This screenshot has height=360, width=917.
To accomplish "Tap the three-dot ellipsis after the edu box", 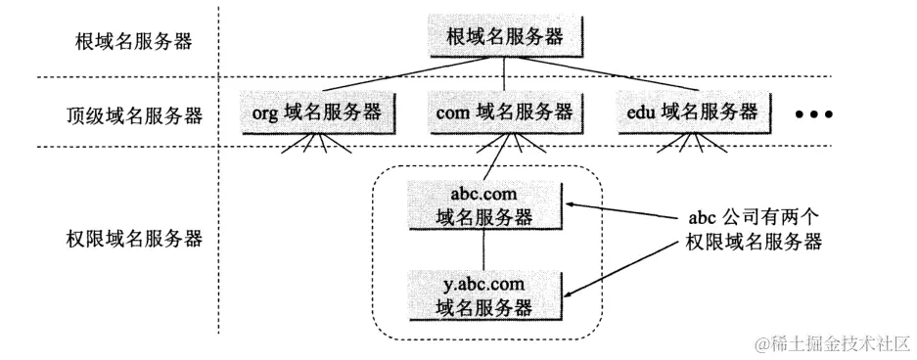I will pos(813,115).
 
